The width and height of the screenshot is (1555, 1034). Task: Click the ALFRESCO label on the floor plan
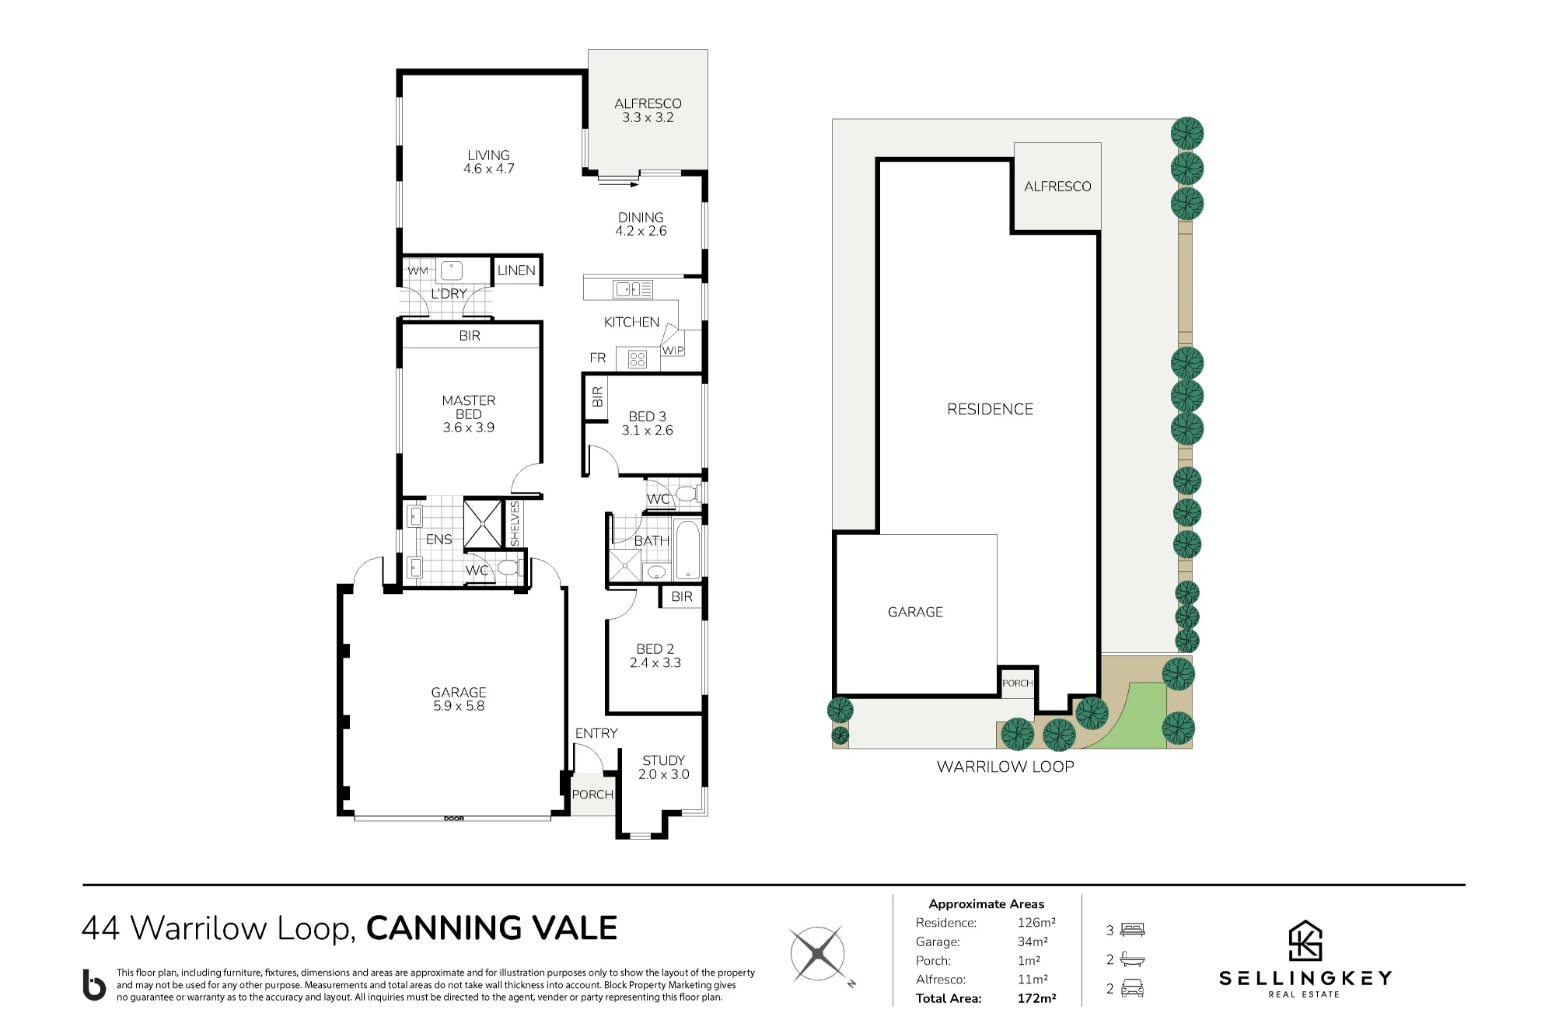[648, 103]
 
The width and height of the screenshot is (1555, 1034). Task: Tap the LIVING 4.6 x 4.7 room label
[488, 162]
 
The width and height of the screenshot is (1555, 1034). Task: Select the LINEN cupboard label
[516, 271]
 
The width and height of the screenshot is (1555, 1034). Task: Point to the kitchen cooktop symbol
[638, 359]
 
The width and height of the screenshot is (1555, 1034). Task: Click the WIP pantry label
[673, 351]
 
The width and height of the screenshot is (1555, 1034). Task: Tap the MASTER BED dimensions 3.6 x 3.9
[469, 428]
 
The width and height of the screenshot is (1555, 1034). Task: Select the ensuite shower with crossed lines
[483, 523]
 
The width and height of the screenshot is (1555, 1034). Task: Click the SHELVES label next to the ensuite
[515, 523]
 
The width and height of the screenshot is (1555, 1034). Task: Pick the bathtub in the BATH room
[688, 550]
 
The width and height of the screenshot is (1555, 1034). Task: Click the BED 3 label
[648, 417]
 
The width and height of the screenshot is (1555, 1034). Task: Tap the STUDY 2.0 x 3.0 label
[664, 767]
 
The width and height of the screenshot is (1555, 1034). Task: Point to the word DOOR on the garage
[454, 819]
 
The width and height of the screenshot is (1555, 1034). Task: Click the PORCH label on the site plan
[1018, 683]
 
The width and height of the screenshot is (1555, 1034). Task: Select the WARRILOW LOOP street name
[1005, 767]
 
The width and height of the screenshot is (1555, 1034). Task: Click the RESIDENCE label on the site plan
[990, 409]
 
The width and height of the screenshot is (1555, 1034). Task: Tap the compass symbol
[819, 953]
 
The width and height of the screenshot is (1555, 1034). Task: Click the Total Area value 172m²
[1036, 998]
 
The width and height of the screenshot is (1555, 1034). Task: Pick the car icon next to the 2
[1132, 988]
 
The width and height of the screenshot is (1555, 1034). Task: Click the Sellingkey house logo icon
[1305, 941]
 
